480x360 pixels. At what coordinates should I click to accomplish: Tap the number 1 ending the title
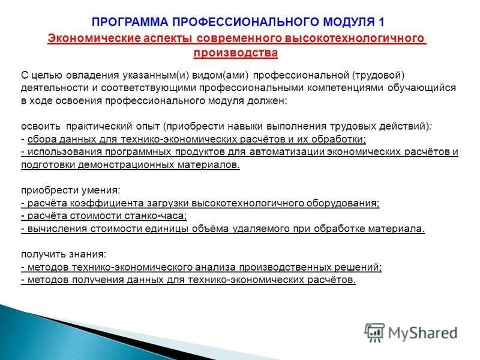tap(382, 22)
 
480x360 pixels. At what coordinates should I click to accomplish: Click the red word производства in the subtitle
tap(236, 53)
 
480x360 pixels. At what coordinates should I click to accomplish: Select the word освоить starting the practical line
tap(39, 127)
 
